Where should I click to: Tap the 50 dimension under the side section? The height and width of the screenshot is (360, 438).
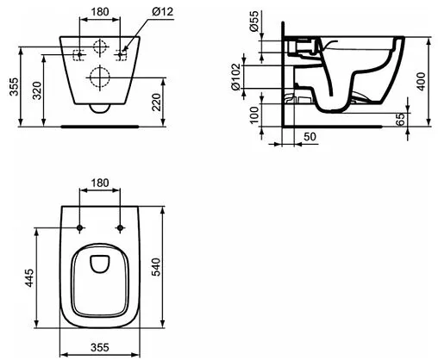click(309, 137)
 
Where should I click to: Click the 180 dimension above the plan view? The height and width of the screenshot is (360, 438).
click(99, 183)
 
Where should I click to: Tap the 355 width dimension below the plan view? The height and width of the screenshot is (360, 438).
click(99, 349)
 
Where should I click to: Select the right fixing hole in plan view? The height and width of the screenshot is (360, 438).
click(120, 228)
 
